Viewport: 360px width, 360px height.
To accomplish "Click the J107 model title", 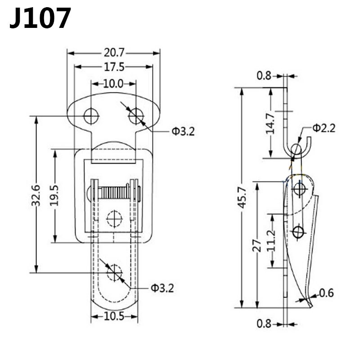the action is tap(40, 18).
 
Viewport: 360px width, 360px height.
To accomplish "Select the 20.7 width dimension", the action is tap(114, 53).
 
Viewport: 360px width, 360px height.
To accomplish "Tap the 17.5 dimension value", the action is tap(114, 67).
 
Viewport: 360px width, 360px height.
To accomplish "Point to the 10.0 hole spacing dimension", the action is tap(113, 84).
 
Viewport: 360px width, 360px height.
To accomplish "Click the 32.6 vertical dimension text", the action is tap(36, 195).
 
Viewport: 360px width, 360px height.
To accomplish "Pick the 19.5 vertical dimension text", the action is tap(54, 195).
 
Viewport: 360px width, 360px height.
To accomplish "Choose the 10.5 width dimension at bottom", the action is tap(114, 317).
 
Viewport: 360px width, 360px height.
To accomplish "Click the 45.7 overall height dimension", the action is tap(242, 198).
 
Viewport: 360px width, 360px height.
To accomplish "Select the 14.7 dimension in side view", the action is tap(270, 123).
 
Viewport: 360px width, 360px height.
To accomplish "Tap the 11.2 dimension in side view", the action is tap(272, 240).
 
